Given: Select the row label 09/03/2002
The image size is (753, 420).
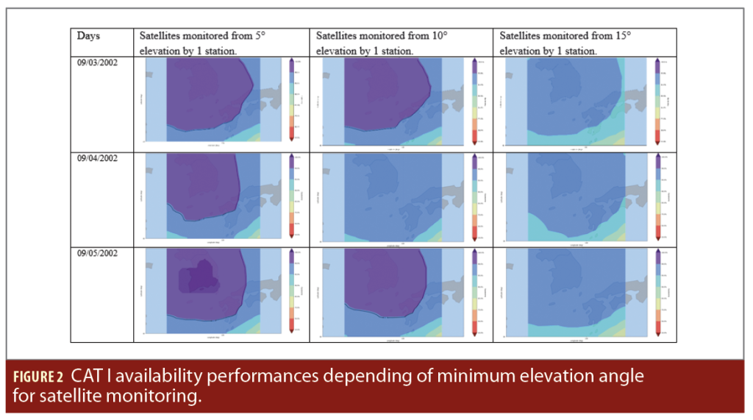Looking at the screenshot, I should pos(97,63).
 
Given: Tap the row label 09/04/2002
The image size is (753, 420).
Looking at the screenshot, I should pos(97,157).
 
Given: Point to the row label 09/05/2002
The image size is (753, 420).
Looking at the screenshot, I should pos(97,252).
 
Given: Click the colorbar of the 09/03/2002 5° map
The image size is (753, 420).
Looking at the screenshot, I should pos(292,99).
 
